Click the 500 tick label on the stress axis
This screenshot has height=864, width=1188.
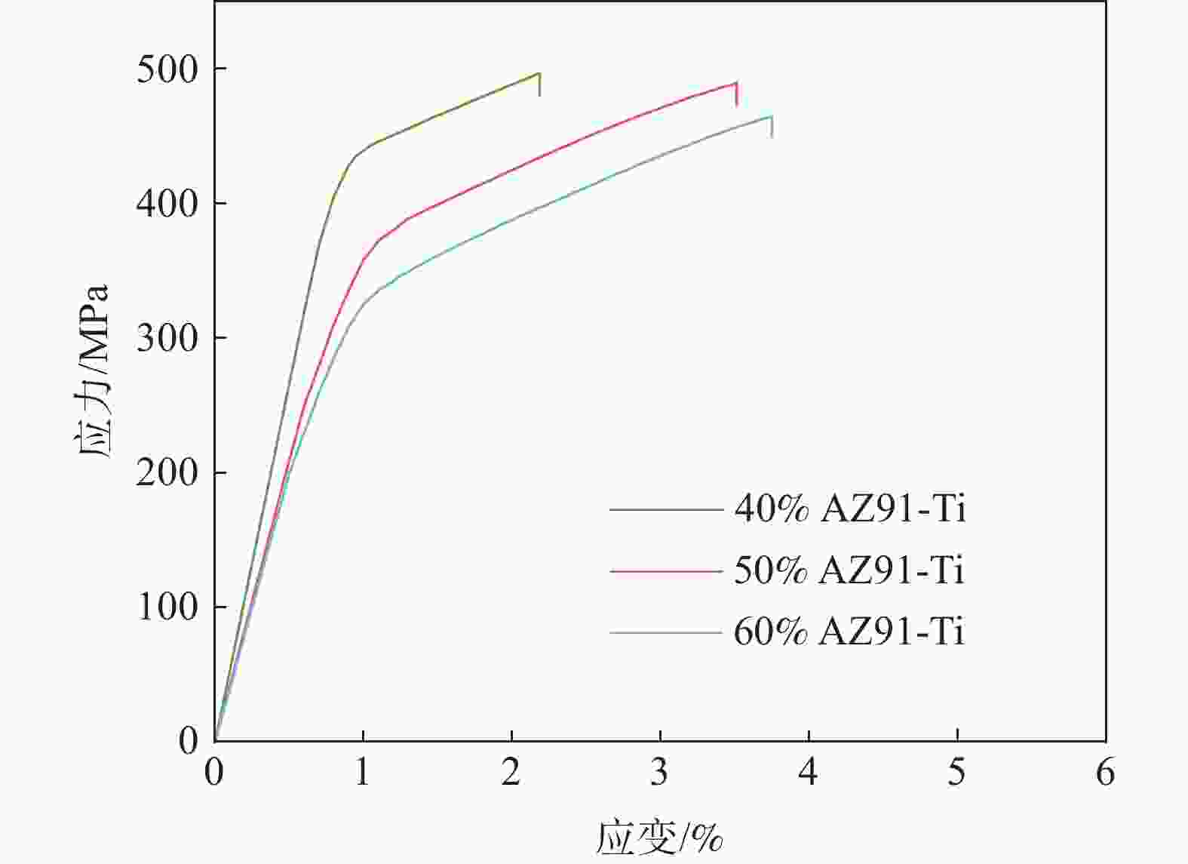167,70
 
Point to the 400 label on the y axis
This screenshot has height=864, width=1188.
167,204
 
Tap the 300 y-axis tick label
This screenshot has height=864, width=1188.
167,339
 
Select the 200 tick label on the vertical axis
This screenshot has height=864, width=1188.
167,474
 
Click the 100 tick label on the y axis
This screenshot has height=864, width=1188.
167,608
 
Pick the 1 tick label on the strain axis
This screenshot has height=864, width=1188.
364,773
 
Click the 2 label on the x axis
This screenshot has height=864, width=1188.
511,773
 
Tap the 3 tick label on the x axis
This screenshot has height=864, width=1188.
660,773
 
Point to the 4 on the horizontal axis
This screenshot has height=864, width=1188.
809,773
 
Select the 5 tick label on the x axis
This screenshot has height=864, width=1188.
957,773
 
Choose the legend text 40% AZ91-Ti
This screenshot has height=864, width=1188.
849,510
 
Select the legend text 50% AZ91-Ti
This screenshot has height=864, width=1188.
849,571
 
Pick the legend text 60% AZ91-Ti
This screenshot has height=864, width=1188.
849,632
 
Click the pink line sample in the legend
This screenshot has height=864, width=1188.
666,571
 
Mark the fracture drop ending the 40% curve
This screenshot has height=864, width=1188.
539,85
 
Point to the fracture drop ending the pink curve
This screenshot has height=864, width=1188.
736,94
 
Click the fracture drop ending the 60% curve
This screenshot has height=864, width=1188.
772,127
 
